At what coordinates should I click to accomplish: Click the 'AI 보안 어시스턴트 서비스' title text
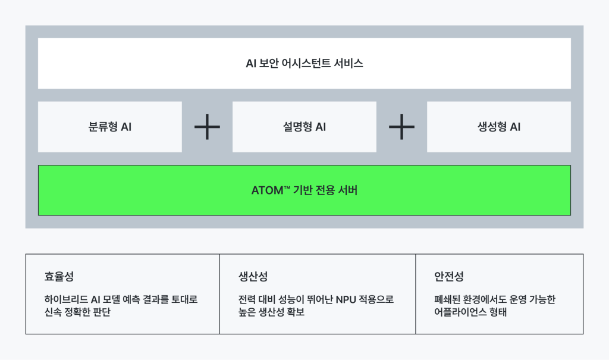click(304, 63)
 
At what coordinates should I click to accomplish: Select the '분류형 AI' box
click(110, 127)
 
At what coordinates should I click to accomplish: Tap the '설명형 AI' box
click(304, 127)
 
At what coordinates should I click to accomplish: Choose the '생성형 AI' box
click(499, 127)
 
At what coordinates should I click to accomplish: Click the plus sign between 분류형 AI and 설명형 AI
click(207, 127)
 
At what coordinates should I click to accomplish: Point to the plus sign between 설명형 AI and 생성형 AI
click(401, 127)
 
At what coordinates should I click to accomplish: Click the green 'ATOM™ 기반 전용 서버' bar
click(304, 190)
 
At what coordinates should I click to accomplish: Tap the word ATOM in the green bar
click(267, 190)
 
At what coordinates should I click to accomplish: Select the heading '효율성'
click(59, 277)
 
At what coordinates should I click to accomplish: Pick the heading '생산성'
click(253, 277)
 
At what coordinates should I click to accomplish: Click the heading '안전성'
click(449, 277)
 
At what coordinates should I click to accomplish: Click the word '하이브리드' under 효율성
click(66, 299)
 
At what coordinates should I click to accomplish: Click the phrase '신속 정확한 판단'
click(78, 312)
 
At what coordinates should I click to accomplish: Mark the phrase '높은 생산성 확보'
click(271, 312)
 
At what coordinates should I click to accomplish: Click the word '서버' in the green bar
click(347, 190)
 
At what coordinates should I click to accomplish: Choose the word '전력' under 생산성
click(247, 299)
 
